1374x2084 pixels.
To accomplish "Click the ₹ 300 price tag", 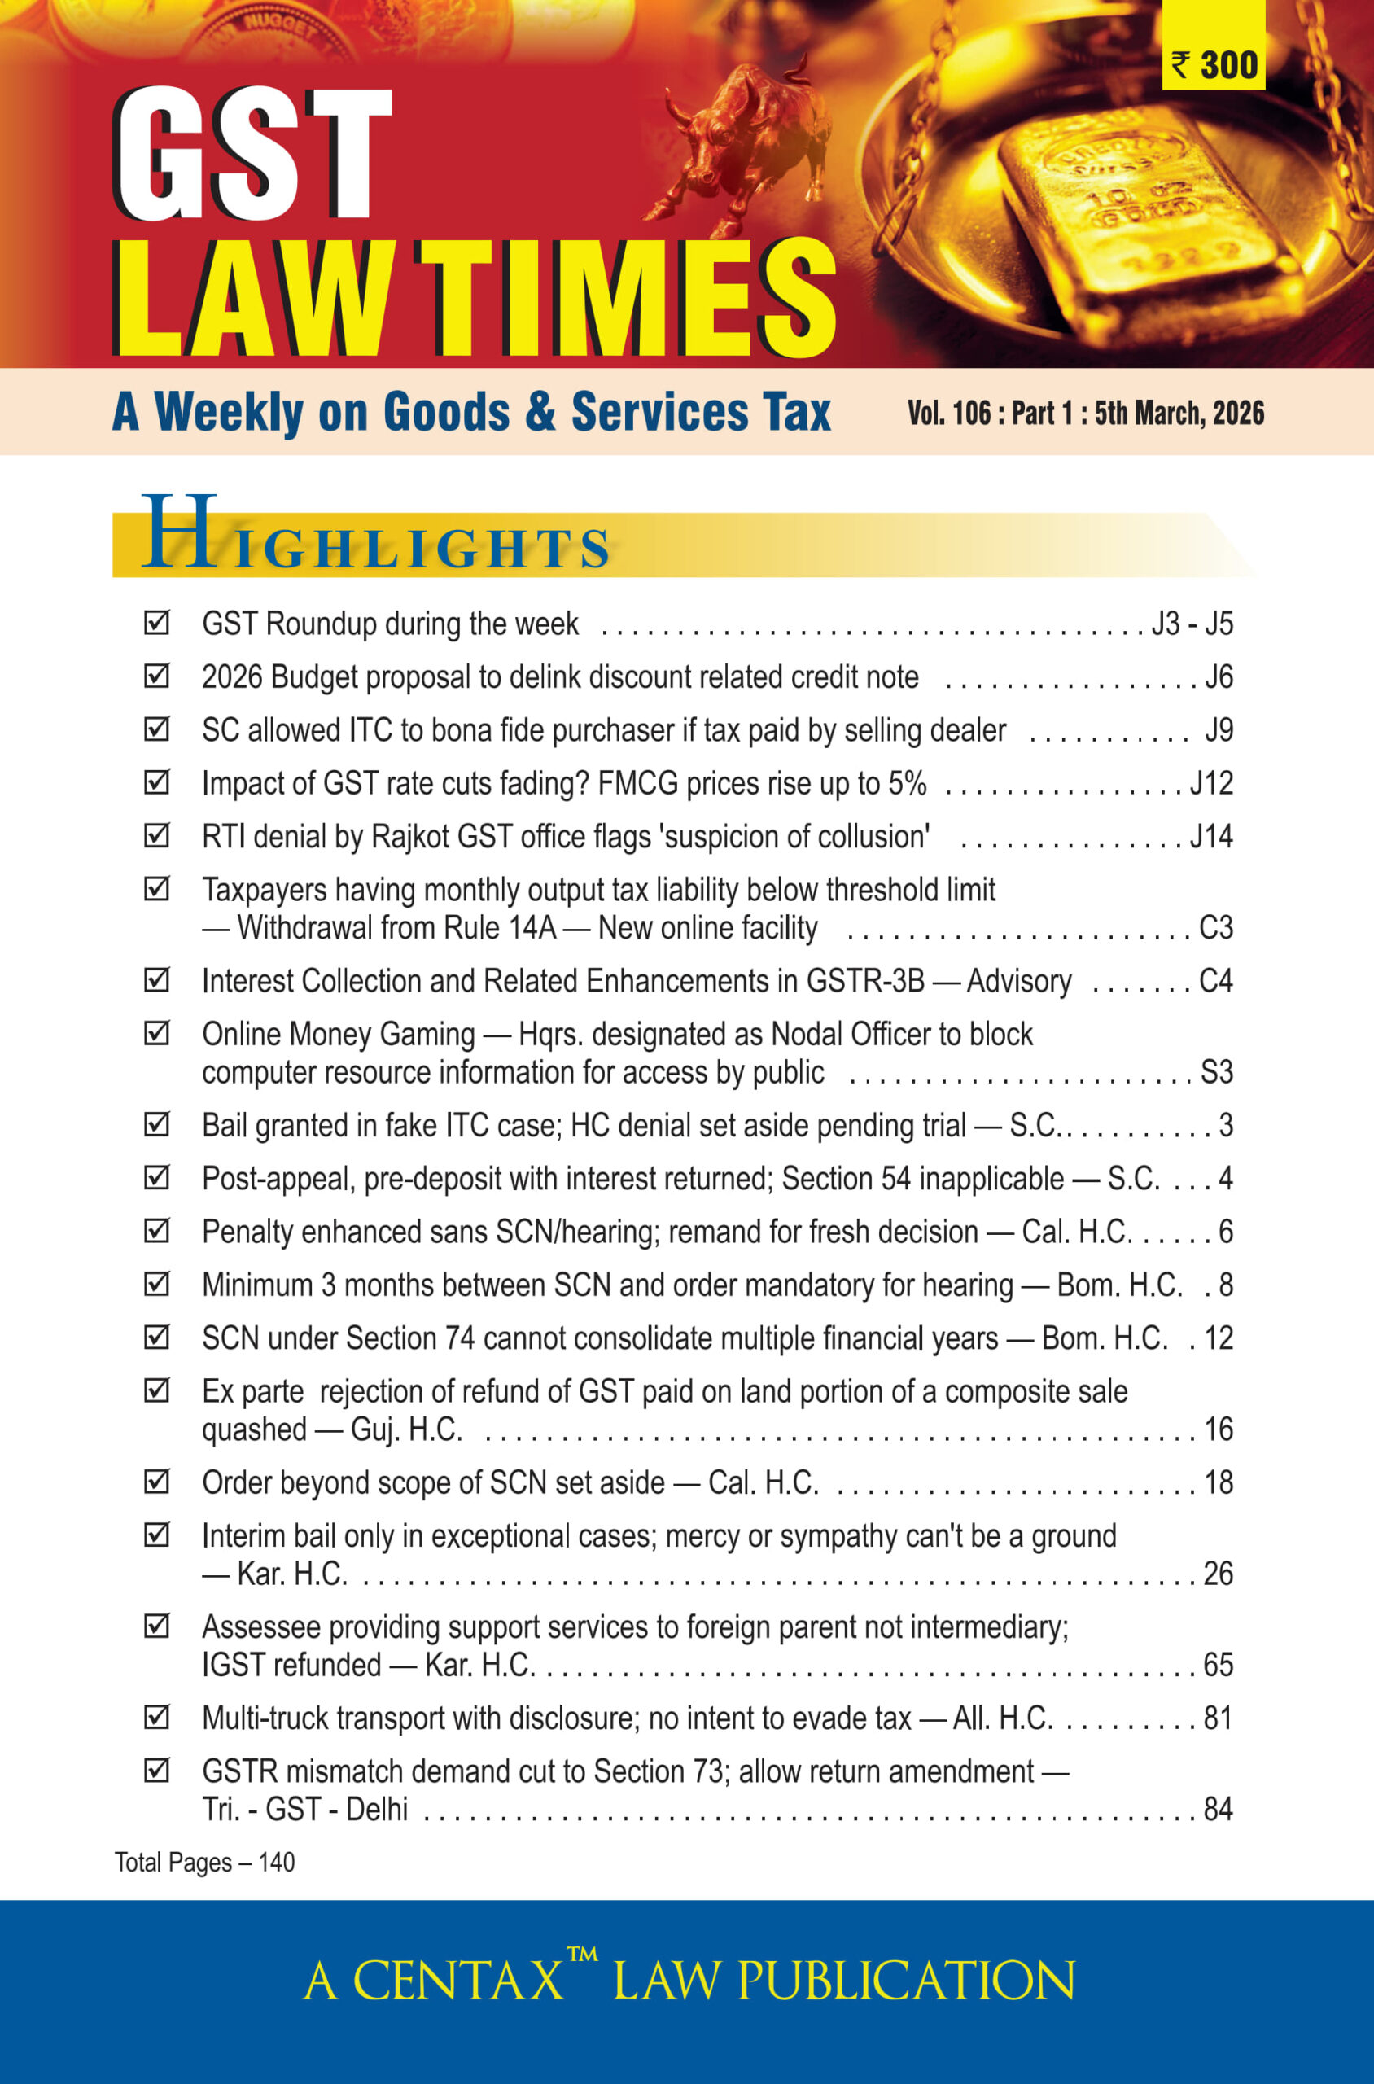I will click(1214, 65).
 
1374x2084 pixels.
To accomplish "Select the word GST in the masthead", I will click(252, 155).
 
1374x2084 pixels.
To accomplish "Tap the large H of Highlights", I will click(179, 533).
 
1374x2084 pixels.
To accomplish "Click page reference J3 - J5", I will click(1192, 624).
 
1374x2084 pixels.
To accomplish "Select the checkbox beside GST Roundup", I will click(156, 623).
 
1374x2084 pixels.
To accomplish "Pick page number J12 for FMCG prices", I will click(1211, 783).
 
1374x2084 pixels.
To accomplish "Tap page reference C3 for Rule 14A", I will click(1215, 928).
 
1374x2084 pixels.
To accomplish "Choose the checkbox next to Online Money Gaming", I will click(156, 1034).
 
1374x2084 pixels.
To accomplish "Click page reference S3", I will click(1216, 1073).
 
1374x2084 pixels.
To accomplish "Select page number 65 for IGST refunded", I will click(1218, 1665).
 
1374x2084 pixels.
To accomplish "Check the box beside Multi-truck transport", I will click(156, 1718).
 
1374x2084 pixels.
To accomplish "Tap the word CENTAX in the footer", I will click(457, 1981).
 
